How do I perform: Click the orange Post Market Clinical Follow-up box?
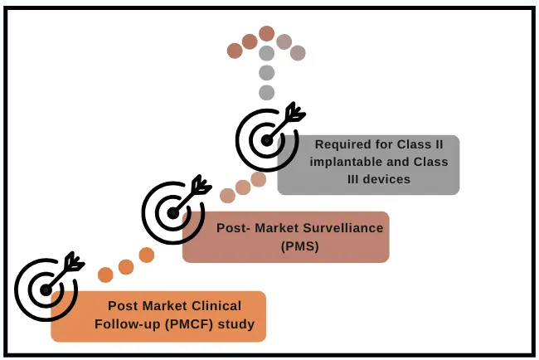point(158,316)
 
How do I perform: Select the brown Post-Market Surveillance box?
point(285,236)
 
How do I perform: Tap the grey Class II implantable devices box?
point(368,164)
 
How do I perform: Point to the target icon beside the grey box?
point(265,139)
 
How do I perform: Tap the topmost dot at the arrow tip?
point(266,33)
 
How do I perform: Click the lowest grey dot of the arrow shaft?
point(266,92)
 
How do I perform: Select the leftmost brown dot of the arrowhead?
point(235,51)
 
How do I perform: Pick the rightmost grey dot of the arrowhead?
point(298,52)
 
